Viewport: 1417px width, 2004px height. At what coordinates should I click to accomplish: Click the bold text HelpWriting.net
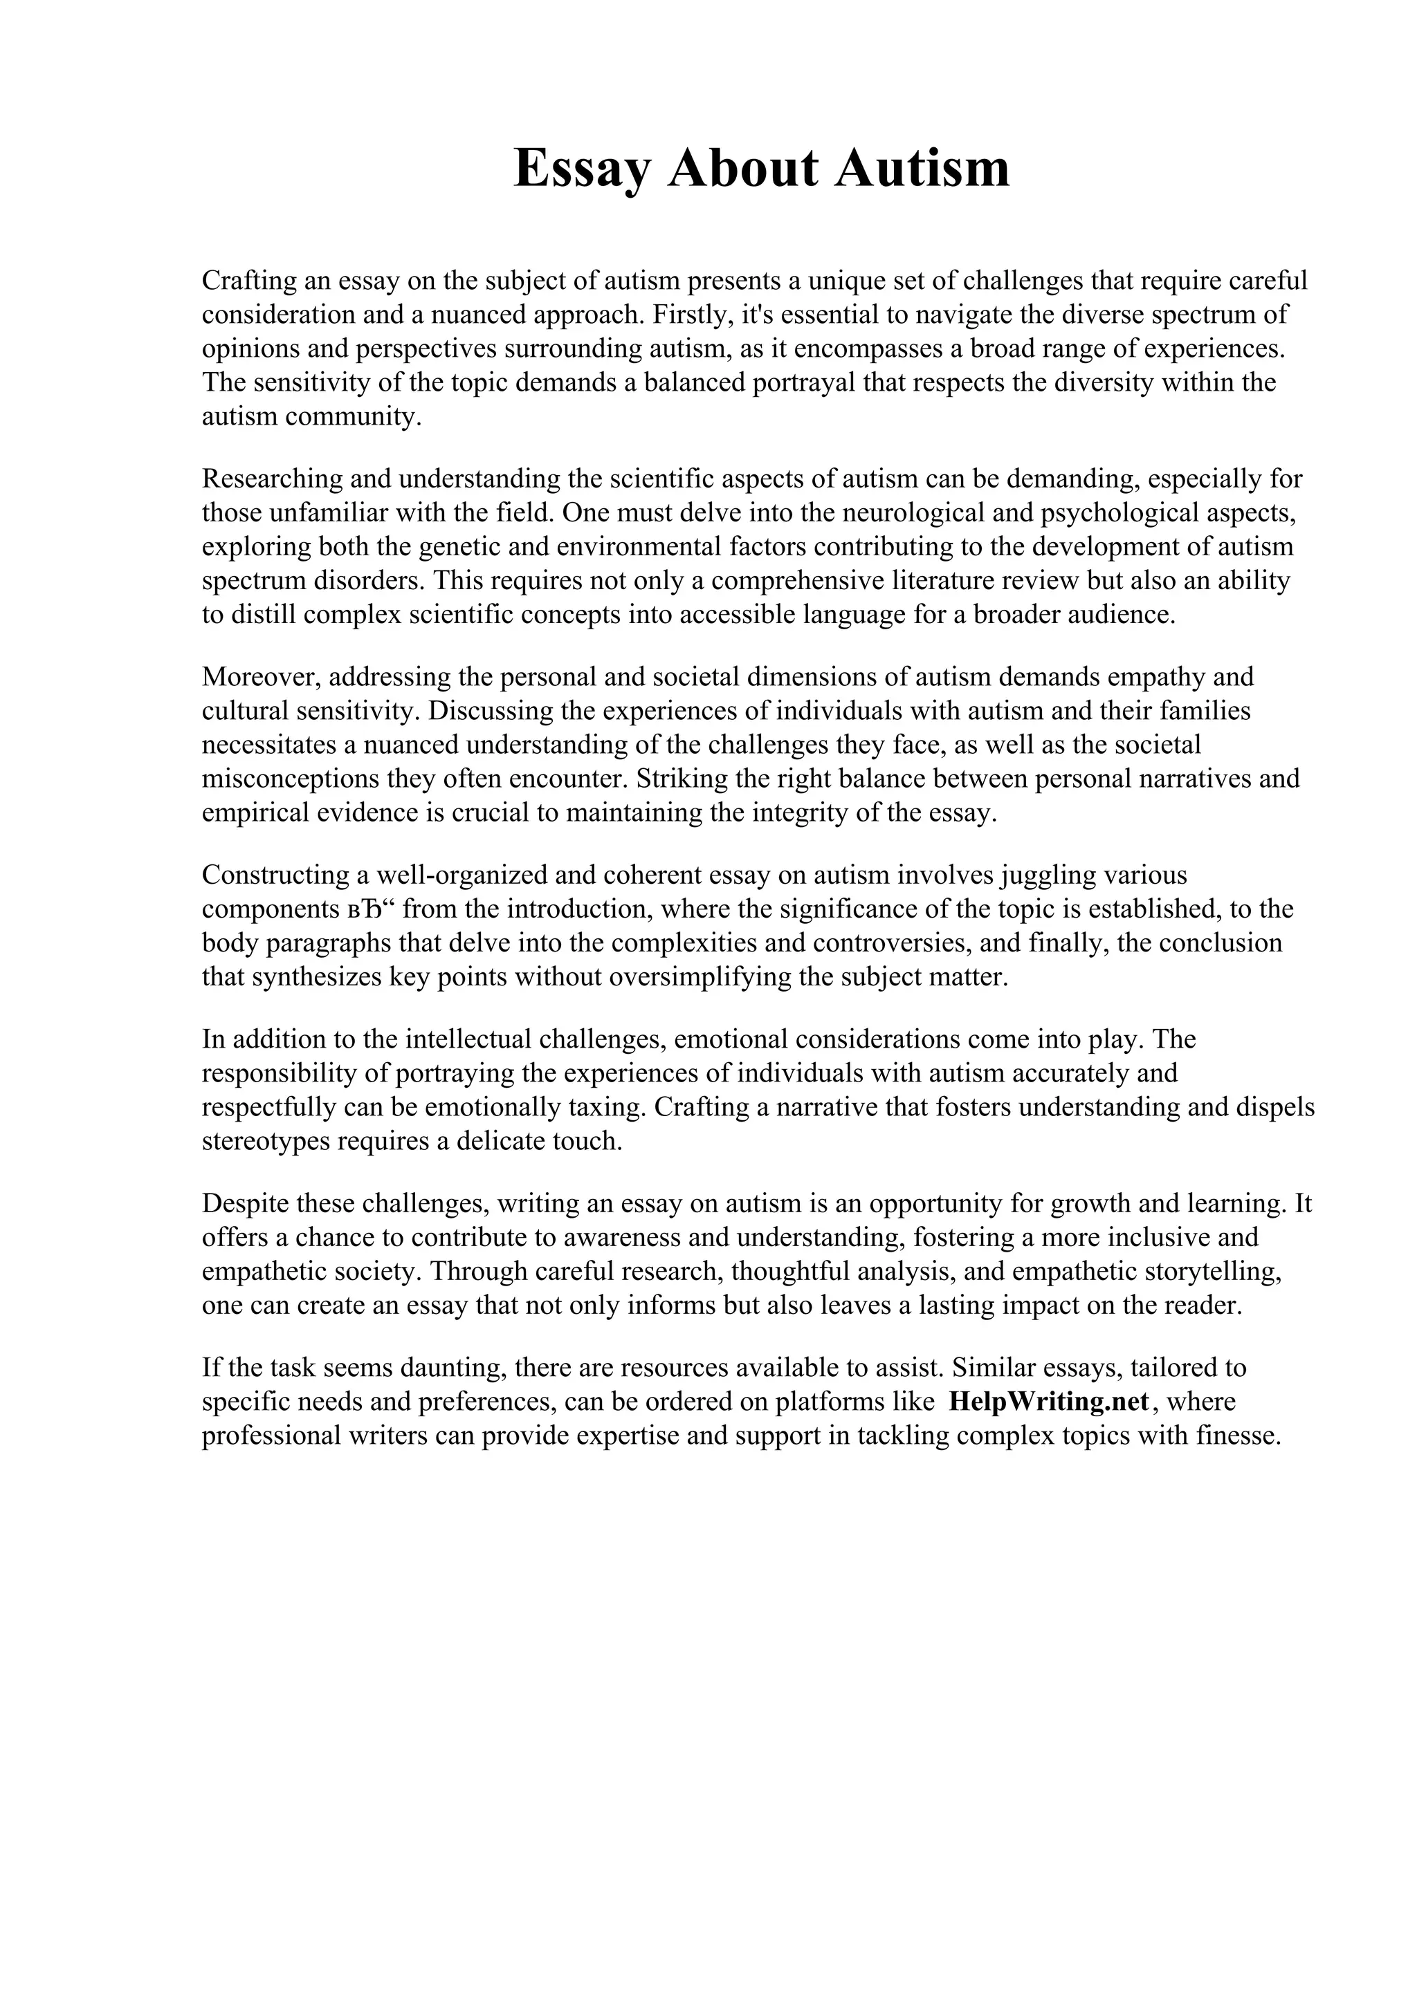(x=1048, y=1402)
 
